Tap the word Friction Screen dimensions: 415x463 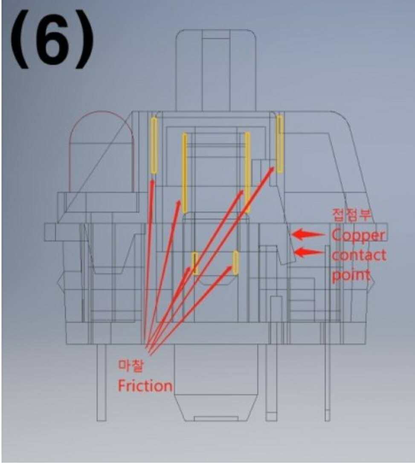(x=145, y=386)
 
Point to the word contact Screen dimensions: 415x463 (x=359, y=255)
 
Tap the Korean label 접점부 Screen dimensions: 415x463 (x=352, y=214)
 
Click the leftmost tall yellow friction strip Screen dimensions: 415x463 (x=154, y=146)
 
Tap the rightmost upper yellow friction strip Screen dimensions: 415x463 (x=280, y=144)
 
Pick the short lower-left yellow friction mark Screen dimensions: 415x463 (x=195, y=263)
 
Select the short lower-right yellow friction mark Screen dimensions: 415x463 (x=235, y=262)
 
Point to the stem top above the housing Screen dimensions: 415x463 (x=216, y=68)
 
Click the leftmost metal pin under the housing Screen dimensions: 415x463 (x=102, y=382)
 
